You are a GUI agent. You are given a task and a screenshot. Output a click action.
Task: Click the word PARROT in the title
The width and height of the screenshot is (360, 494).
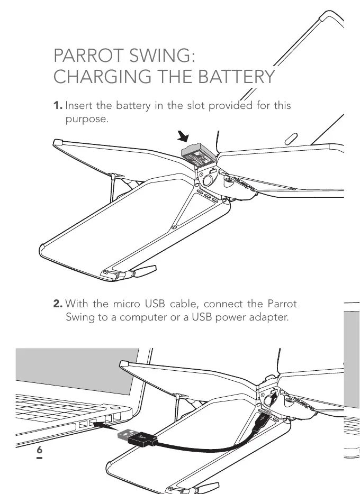click(x=87, y=56)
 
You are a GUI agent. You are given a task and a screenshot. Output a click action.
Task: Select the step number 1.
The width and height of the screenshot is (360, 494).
click(x=58, y=106)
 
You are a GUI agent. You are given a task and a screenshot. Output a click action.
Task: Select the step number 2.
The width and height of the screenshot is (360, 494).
click(x=58, y=304)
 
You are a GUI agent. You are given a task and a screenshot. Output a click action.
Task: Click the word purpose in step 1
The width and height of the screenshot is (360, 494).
click(x=87, y=118)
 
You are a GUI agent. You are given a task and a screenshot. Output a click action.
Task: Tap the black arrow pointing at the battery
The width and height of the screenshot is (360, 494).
click(x=183, y=137)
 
